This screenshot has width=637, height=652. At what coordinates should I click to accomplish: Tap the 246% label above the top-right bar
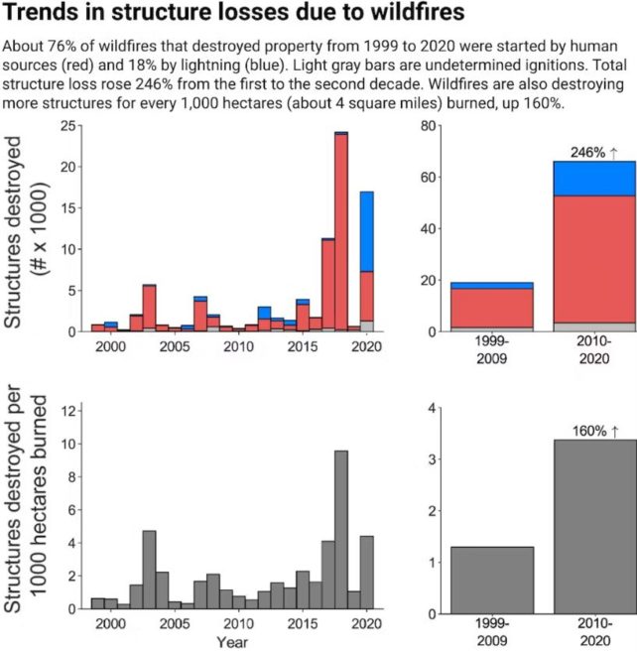pos(593,152)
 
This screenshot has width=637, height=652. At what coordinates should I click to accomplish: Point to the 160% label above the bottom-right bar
pos(593,431)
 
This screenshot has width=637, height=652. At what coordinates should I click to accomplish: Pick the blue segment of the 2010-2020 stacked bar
pos(593,179)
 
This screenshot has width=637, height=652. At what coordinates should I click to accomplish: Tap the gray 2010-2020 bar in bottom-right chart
pos(593,526)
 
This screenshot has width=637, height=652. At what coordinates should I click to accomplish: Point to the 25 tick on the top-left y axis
pos(66,125)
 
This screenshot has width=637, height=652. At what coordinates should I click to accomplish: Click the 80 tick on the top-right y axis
pos(428,125)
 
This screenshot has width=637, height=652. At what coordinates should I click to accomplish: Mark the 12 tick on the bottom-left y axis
pos(66,410)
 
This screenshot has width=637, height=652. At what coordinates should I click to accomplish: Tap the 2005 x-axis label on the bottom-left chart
pos(175,624)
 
